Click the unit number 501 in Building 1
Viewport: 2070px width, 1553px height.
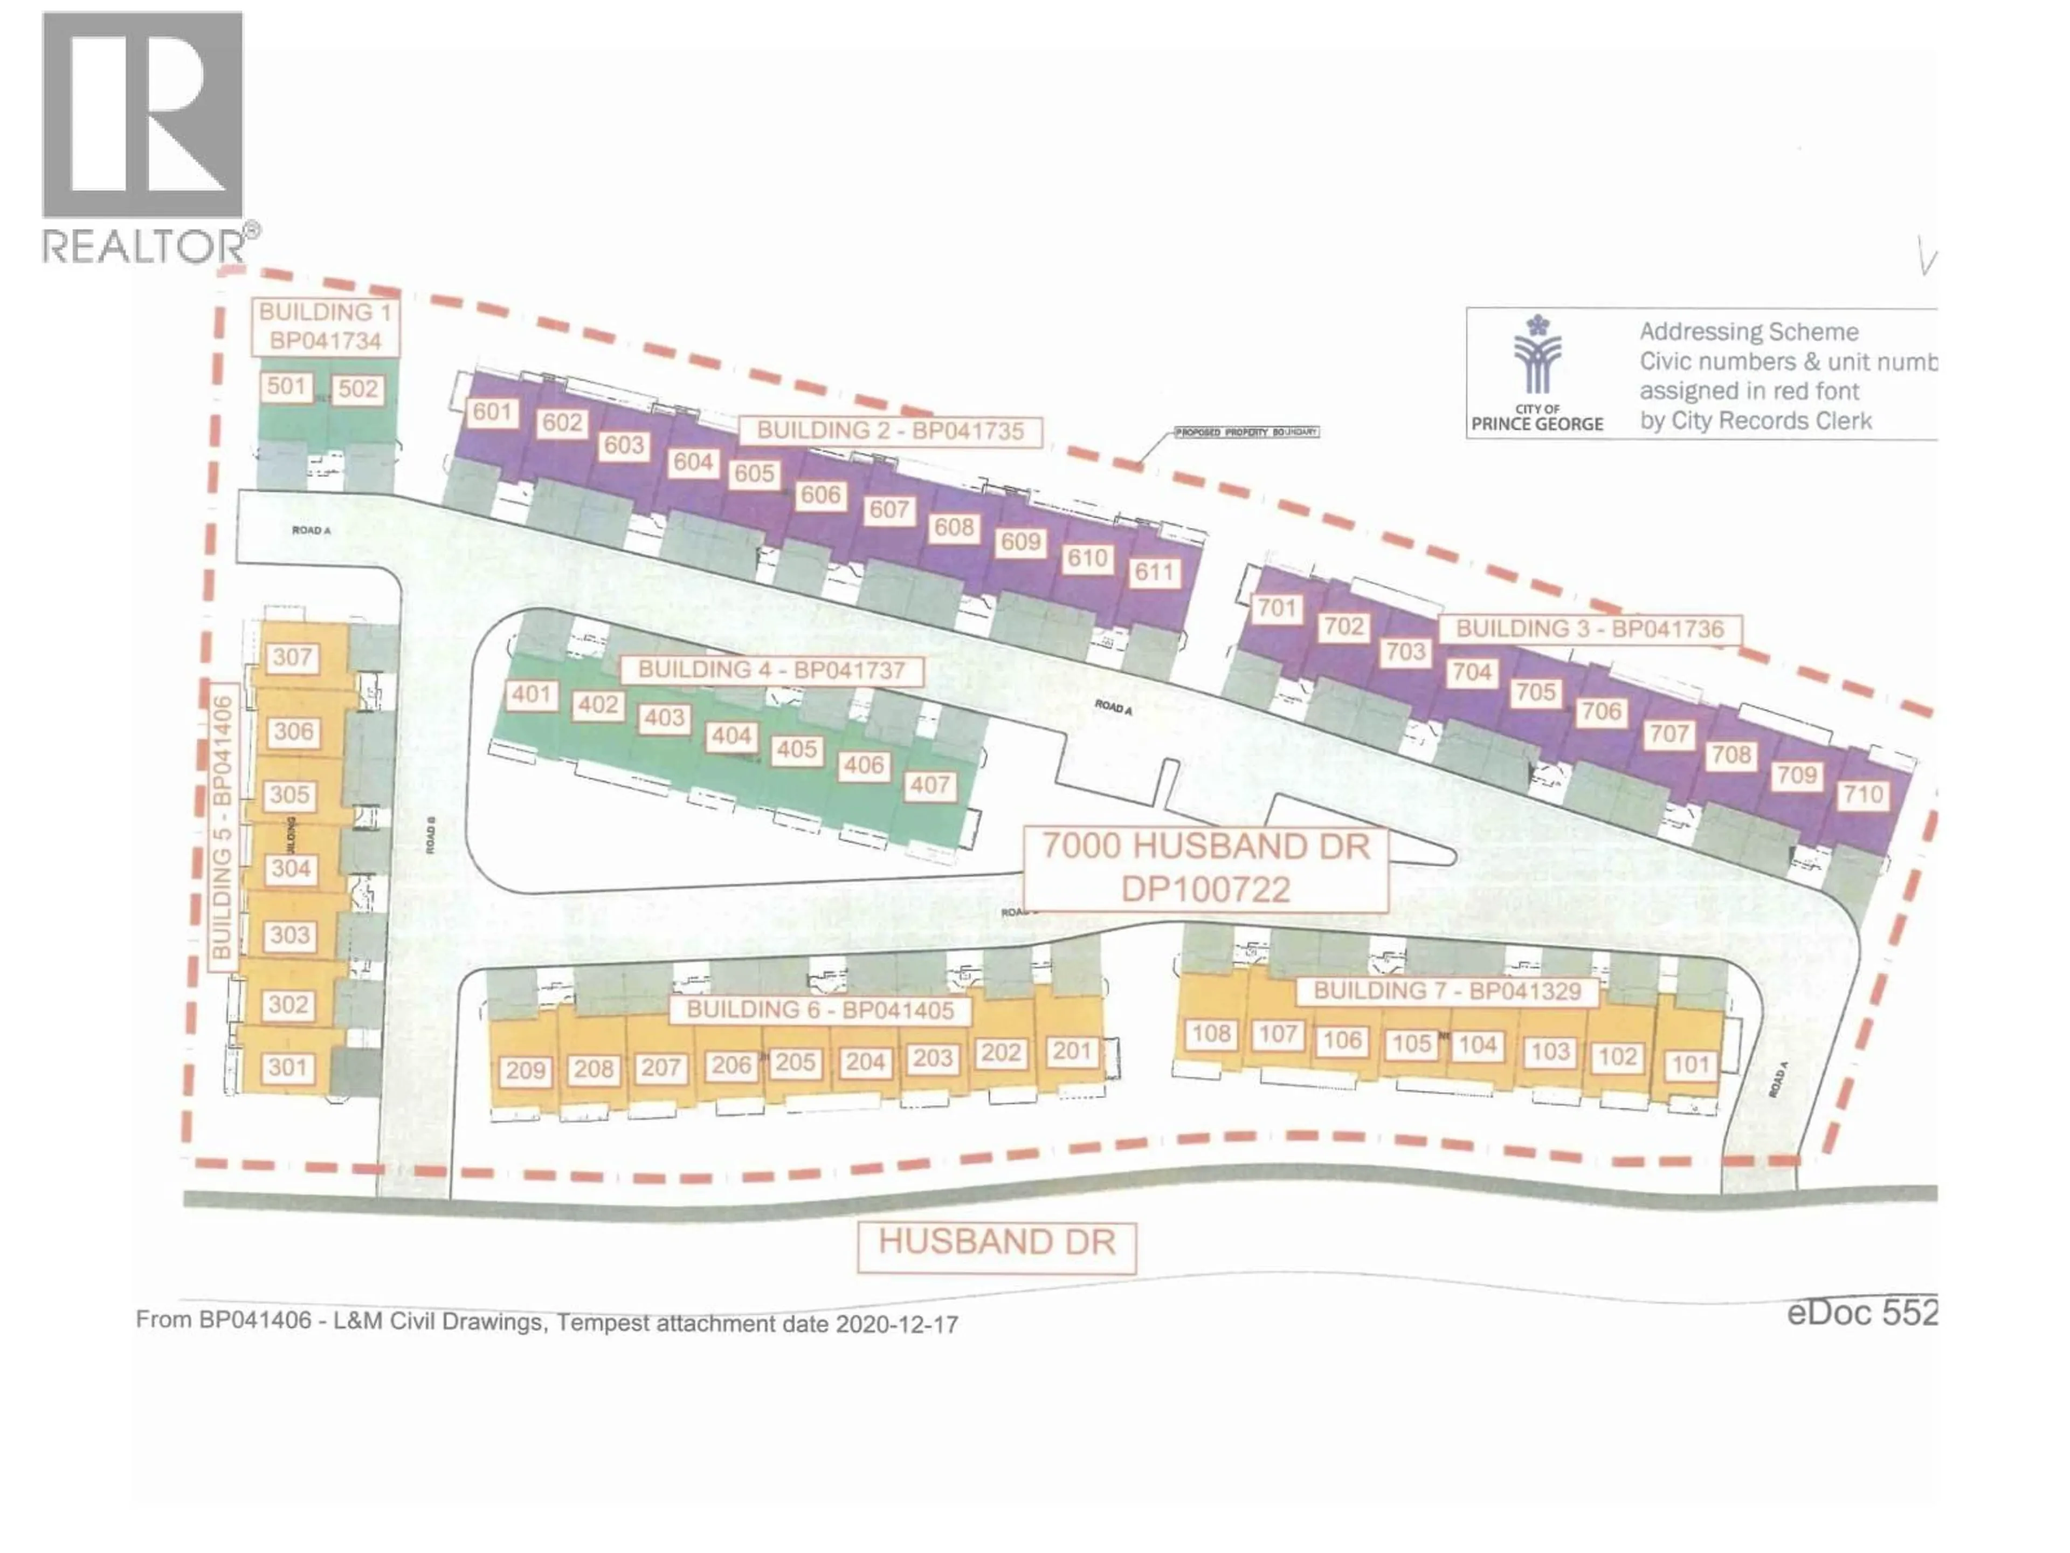click(286, 387)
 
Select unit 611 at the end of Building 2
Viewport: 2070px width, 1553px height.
click(1154, 572)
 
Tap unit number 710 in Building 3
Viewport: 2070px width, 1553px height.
click(1862, 795)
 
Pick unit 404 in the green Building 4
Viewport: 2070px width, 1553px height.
click(731, 736)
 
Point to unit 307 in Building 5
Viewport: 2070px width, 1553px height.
click(292, 657)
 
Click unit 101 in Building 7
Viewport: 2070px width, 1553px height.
click(1690, 1064)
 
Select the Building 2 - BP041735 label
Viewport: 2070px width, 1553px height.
click(890, 431)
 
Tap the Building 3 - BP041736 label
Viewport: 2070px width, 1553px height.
click(1589, 629)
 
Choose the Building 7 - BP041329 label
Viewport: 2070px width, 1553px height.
click(1447, 991)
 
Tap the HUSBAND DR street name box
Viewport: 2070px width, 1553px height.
click(997, 1242)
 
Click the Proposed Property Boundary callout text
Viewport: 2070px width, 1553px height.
click(1246, 432)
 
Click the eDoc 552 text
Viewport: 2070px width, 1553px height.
click(1860, 1313)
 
